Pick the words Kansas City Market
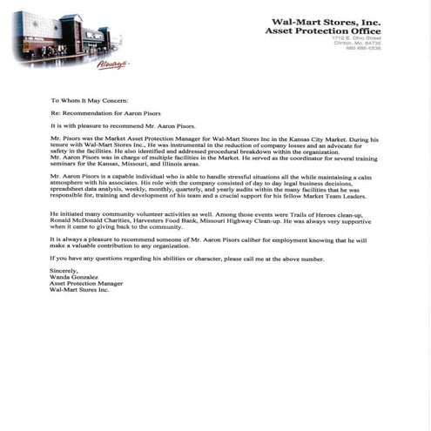(338, 139)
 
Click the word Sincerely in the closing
(64, 271)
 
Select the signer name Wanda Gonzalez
(74, 278)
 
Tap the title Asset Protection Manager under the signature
(86, 285)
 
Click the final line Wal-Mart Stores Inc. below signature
(79, 292)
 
